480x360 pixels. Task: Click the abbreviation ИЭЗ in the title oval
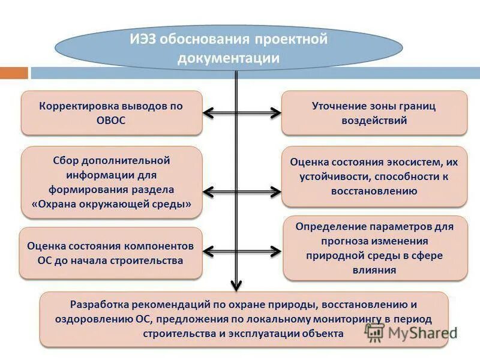(142, 41)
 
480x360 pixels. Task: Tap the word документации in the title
(229, 58)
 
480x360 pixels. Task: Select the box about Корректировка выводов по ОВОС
(111, 113)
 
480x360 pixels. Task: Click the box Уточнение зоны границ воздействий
(374, 113)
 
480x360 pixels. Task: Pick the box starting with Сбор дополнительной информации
(111, 182)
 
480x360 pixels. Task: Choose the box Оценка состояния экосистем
(374, 177)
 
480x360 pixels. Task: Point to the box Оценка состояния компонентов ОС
(111, 253)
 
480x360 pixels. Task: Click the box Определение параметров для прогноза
(375, 248)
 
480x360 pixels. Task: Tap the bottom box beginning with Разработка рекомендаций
(244, 319)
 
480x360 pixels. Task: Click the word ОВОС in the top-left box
(111, 120)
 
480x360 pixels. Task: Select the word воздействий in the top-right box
(374, 120)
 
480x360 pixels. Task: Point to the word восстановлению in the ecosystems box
(374, 192)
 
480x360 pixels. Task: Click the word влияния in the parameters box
(375, 270)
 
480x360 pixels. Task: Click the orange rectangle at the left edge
(14, 73)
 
